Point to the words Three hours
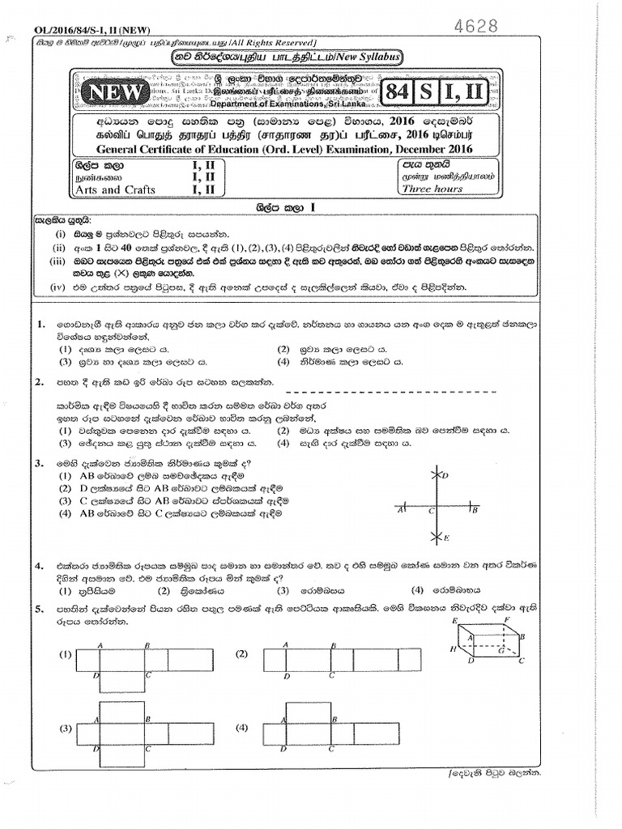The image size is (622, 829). pos(433,189)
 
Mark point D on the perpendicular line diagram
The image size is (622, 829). pos(443,476)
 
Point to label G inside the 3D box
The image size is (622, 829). pos(501,649)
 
